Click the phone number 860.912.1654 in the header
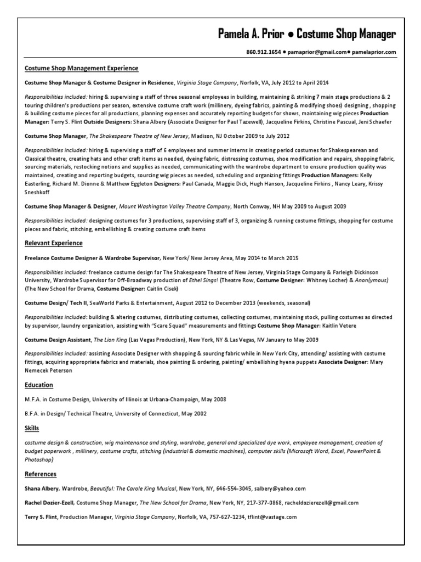(x=264, y=52)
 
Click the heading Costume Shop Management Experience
(x=82, y=69)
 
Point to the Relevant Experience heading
(x=54, y=243)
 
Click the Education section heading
(x=39, y=385)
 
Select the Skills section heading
(x=32, y=428)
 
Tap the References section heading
(x=41, y=474)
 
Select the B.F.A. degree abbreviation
(x=35, y=413)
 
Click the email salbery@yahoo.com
(x=279, y=488)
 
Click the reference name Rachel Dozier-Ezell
(x=49, y=502)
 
